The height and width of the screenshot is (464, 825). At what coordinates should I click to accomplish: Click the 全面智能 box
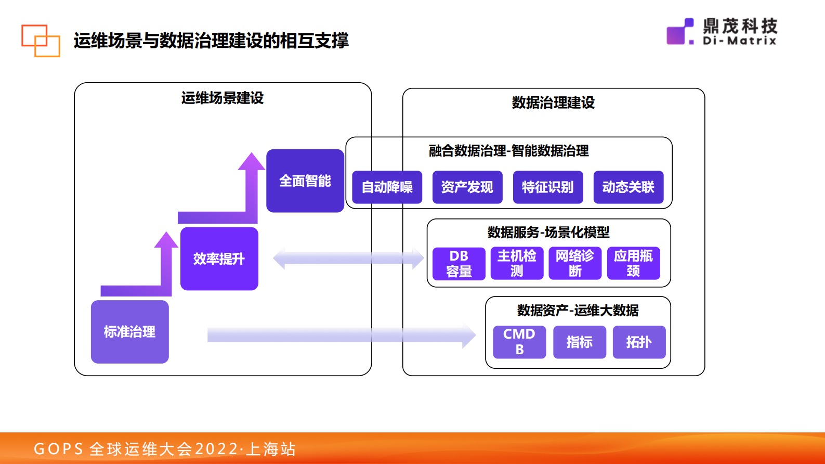pos(305,181)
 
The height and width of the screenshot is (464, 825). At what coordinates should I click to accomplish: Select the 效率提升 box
pos(219,259)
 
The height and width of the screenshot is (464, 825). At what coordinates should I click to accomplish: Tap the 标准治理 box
pos(129,332)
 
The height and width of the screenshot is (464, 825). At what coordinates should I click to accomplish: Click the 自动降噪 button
pos(387,187)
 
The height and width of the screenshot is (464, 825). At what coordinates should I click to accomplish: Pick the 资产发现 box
pos(467,187)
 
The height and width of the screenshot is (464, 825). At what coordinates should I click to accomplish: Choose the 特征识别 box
pos(548,187)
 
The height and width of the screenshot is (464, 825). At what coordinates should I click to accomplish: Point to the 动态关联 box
pos(628,187)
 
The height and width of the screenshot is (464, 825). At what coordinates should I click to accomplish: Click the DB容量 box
pos(459,264)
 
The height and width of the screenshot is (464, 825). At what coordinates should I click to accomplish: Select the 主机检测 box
pos(517,264)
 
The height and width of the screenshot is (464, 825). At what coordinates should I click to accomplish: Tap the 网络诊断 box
pos(575,264)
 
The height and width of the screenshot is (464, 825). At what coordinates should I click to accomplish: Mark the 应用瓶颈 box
pos(633,264)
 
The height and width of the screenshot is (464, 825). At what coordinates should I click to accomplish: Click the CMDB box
pos(519,342)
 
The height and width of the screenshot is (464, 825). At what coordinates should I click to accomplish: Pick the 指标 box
pos(579,342)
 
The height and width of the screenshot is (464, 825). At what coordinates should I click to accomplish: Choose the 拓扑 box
pos(639,342)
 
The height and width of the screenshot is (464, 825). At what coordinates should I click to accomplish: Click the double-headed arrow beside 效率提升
pos(348,259)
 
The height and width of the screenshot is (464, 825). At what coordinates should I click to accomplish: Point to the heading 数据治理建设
pos(553,102)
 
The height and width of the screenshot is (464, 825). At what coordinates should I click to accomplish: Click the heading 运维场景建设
pos(222,98)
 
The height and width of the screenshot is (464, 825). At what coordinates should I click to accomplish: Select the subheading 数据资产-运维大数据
pos(578,311)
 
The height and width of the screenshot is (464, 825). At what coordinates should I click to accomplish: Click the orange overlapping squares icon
pos(41,41)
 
